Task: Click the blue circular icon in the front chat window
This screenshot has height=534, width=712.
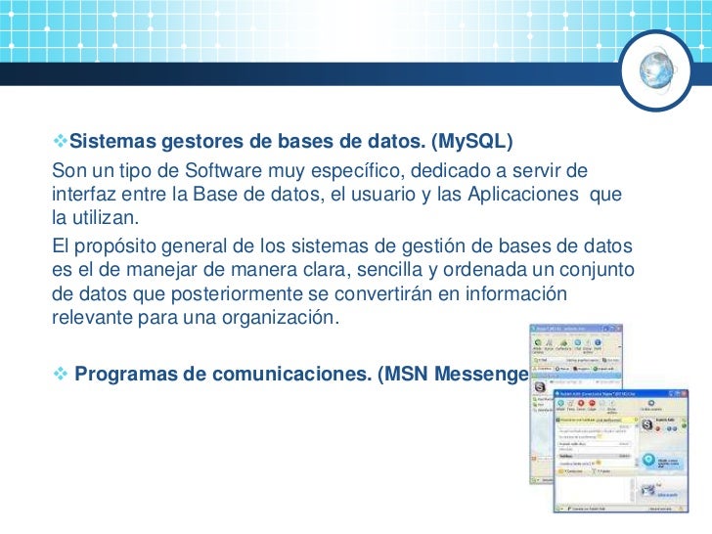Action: tap(646, 461)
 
